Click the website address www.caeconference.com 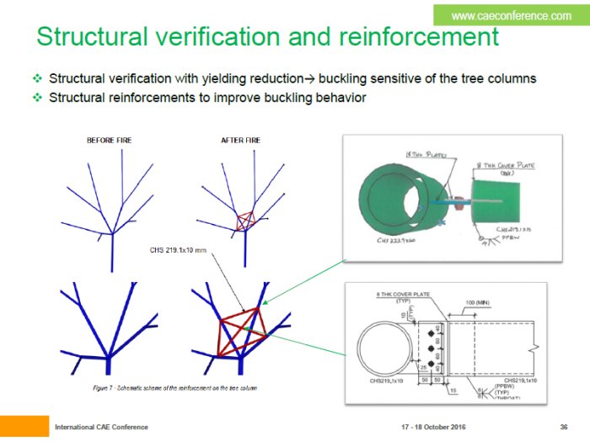[511, 15]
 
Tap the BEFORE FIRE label [110, 141]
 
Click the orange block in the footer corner [24, 425]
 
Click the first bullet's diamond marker [37, 78]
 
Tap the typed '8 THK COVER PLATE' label [401, 295]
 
